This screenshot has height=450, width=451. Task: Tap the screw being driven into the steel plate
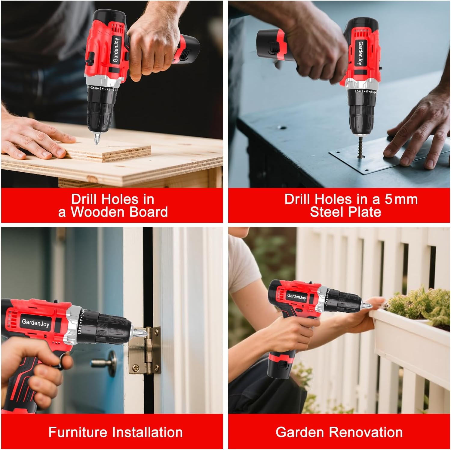tap(360, 148)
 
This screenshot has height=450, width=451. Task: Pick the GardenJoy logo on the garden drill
tap(296, 296)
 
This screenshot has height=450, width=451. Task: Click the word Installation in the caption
tap(147, 432)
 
